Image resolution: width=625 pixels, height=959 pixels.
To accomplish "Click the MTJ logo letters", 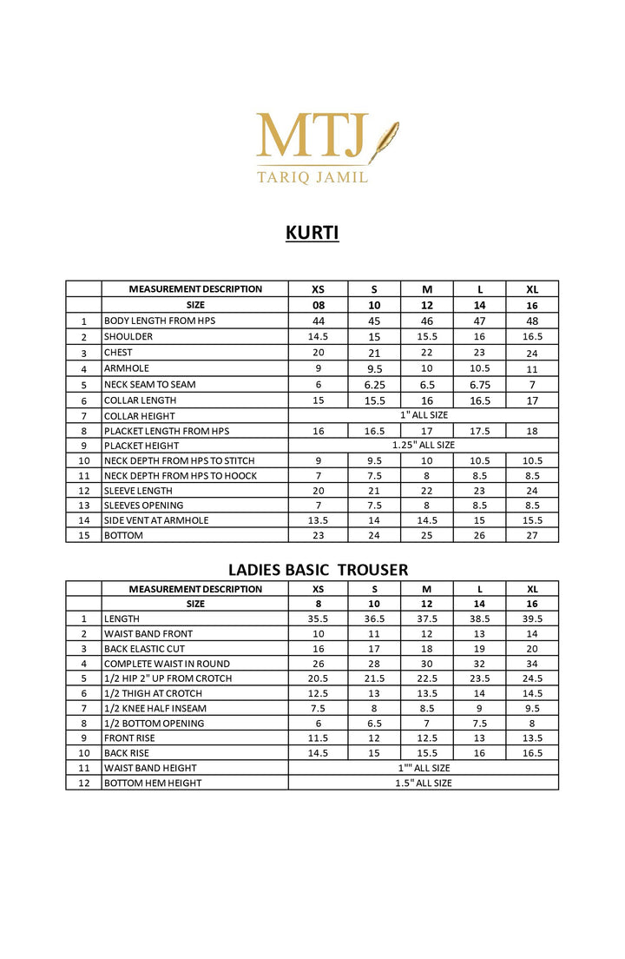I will click(312, 136).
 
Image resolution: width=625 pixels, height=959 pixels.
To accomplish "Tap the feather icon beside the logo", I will click(384, 142).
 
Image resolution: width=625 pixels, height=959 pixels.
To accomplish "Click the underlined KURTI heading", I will click(312, 233).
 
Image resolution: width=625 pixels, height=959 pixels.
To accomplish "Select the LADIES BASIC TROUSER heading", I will click(318, 570).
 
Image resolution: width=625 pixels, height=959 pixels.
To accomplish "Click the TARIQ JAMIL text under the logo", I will click(312, 176).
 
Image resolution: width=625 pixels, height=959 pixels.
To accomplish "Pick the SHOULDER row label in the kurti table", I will click(128, 337).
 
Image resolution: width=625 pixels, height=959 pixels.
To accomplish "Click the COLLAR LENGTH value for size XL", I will click(532, 400).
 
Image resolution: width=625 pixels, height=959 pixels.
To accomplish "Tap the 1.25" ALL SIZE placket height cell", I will click(423, 446).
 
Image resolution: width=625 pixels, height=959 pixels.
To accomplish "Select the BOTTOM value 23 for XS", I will click(318, 535).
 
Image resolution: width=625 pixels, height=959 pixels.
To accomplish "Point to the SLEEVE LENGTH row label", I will click(139, 491).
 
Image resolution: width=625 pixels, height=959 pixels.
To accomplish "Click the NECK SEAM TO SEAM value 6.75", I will click(480, 385).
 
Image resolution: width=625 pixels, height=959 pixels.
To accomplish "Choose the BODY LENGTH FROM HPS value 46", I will click(426, 321).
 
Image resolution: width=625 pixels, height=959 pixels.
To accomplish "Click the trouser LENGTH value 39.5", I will click(532, 618).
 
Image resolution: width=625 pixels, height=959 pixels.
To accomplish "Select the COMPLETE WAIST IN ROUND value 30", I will click(426, 664).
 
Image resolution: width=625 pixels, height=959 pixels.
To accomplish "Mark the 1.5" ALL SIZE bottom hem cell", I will click(423, 783).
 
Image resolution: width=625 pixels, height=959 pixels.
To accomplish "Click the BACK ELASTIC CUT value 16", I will click(318, 649).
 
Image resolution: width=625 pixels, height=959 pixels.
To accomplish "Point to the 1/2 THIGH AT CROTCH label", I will click(153, 693).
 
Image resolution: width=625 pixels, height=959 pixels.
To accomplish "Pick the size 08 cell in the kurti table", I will click(318, 306).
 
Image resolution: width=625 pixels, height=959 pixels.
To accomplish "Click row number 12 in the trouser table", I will click(84, 783).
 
